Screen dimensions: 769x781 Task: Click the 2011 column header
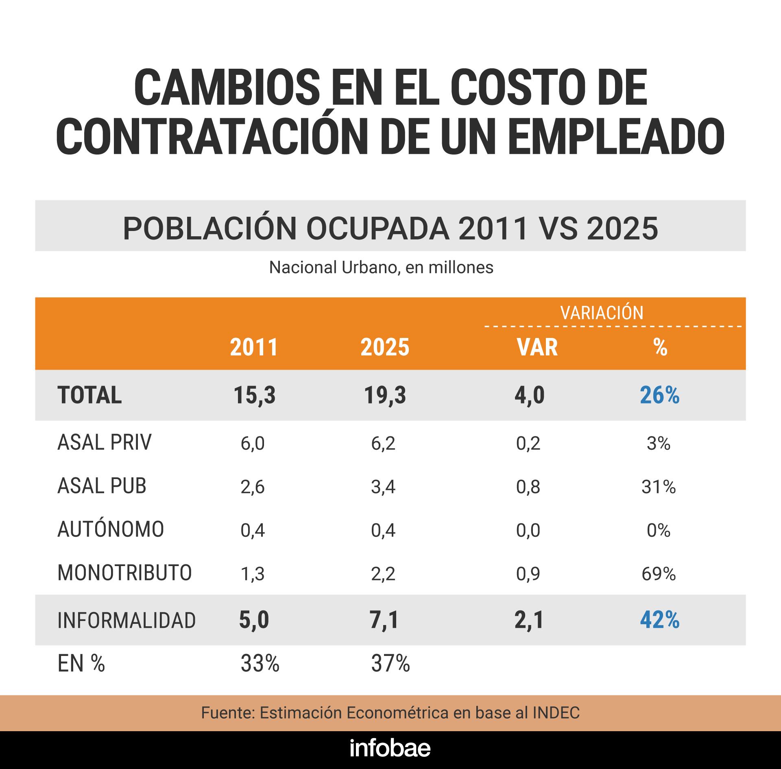(x=254, y=348)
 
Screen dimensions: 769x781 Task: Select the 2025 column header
(x=385, y=348)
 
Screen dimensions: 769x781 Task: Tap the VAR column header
(x=537, y=348)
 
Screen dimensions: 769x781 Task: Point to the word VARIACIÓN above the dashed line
(x=602, y=313)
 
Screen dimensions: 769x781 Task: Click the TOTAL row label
(x=89, y=395)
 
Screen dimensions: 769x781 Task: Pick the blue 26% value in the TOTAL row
(x=659, y=395)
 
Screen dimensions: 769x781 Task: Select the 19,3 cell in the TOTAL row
(x=385, y=395)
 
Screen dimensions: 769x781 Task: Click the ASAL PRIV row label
(x=104, y=443)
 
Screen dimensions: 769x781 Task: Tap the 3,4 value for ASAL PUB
(x=383, y=487)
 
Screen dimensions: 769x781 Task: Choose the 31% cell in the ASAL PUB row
(x=659, y=487)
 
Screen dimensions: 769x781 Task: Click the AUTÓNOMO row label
(x=111, y=530)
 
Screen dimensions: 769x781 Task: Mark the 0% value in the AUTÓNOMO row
(x=659, y=530)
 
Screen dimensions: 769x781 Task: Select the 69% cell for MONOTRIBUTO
(x=659, y=574)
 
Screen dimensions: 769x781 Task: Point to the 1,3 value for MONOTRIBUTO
(x=253, y=574)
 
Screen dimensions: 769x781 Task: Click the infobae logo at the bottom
(x=390, y=749)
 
